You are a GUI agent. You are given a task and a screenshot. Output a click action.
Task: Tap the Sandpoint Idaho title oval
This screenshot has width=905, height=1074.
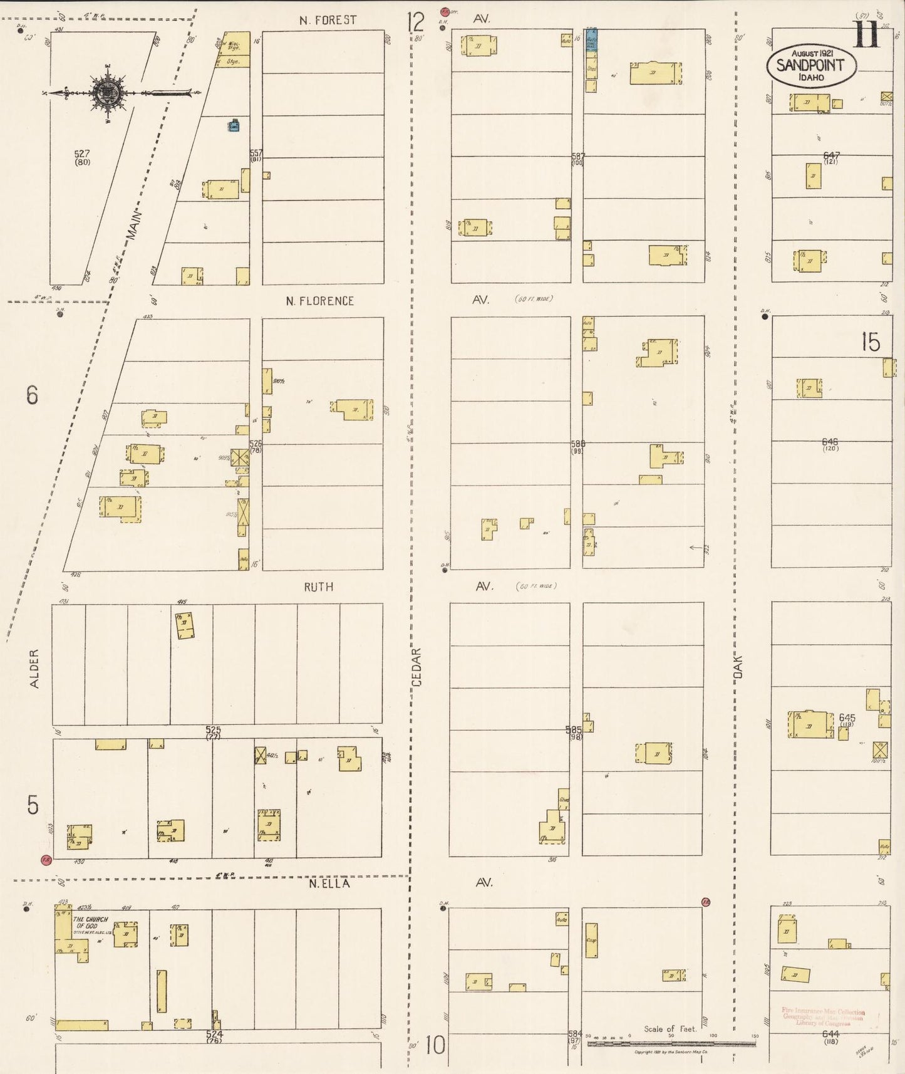(x=810, y=65)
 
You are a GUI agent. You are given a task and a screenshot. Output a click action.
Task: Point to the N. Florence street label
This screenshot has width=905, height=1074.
(x=319, y=301)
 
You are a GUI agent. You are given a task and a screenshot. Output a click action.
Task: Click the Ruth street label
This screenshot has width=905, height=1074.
(x=318, y=587)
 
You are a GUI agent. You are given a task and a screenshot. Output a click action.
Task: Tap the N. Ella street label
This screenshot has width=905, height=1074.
(x=328, y=884)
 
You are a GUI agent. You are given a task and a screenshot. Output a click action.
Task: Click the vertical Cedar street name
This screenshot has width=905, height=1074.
(x=418, y=668)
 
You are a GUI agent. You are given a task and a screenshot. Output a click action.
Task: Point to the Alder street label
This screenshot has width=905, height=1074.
(x=34, y=669)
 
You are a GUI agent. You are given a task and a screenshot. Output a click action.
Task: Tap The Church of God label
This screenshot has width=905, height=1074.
(x=91, y=923)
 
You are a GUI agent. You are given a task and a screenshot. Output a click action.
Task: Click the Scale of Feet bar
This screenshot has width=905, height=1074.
(x=670, y=1045)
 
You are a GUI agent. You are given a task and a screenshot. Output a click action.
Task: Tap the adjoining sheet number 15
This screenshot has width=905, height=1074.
(x=870, y=342)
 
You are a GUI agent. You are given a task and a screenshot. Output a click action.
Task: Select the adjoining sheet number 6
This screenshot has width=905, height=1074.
(x=33, y=395)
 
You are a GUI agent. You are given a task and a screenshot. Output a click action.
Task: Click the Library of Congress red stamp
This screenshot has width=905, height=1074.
(x=823, y=1017)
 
